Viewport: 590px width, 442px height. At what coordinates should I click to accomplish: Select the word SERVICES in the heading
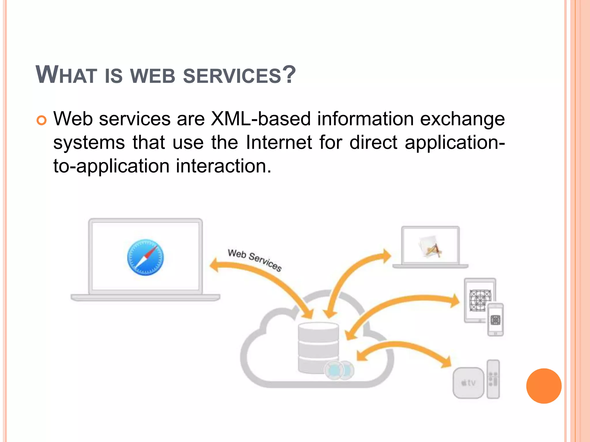pyautogui.click(x=232, y=76)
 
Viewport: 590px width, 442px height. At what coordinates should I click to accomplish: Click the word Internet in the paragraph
pyautogui.click(x=279, y=142)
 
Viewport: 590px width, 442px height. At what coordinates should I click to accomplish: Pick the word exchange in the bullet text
pyautogui.click(x=462, y=119)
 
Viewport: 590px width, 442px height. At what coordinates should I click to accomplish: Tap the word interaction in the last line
pyautogui.click(x=224, y=166)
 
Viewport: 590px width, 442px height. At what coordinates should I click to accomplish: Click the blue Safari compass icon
pyautogui.click(x=145, y=258)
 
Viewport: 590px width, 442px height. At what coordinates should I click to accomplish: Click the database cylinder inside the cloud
pyautogui.click(x=318, y=347)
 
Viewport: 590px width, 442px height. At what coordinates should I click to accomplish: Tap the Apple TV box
pyautogui.click(x=468, y=383)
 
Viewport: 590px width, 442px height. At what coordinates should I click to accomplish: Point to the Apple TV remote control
pyautogui.click(x=493, y=379)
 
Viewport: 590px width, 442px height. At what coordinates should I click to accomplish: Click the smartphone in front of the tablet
pyautogui.click(x=495, y=320)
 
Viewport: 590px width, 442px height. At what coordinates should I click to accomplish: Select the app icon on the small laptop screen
pyautogui.click(x=430, y=246)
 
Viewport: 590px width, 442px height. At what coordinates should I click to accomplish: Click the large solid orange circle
pyautogui.click(x=544, y=386)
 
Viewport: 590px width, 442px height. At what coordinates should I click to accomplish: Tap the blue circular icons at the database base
pyautogui.click(x=339, y=370)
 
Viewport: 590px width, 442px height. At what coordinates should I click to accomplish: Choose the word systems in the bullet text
pyautogui.click(x=89, y=143)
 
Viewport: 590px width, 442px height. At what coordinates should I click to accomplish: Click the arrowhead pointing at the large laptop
pyautogui.click(x=215, y=265)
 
